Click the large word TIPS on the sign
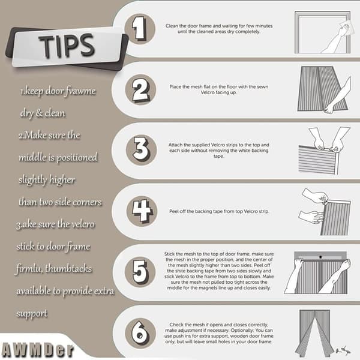[67, 45]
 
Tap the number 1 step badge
[140, 29]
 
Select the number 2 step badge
[140, 89]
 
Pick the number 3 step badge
[141, 149]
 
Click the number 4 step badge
[142, 211]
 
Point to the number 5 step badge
[140, 272]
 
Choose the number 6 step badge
[140, 334]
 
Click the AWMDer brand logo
[38, 350]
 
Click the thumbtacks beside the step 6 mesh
[343, 350]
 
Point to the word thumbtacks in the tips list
[68, 269]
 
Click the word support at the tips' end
[32, 314]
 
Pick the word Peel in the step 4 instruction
[173, 211]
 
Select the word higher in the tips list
[62, 180]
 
